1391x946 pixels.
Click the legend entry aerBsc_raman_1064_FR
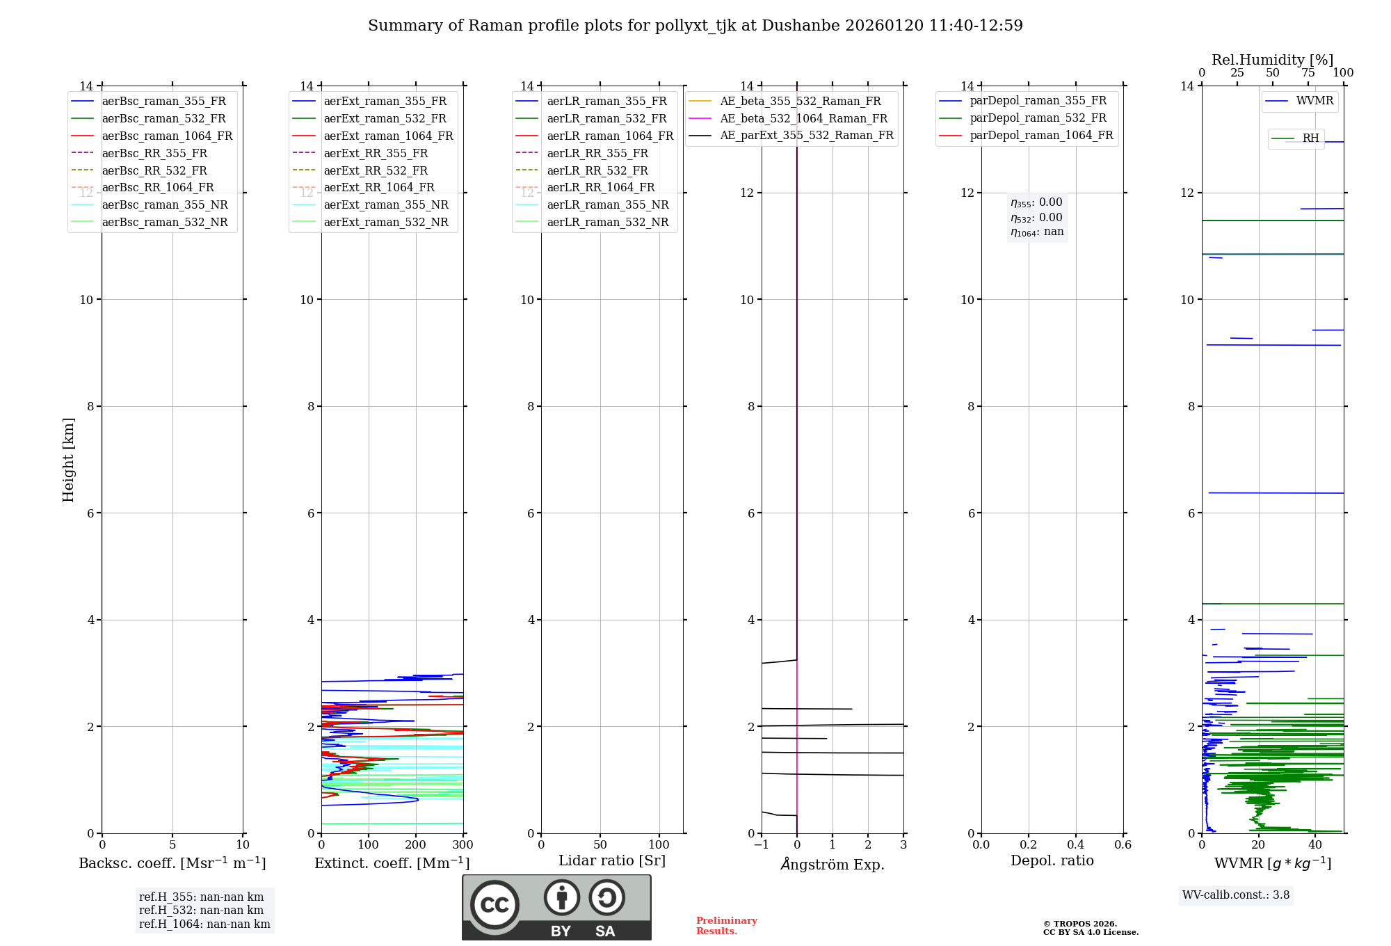tap(167, 136)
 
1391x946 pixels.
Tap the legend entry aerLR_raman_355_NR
tap(607, 205)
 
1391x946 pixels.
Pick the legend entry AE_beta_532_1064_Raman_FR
tap(803, 119)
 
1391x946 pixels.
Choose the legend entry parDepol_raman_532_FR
tap(1038, 118)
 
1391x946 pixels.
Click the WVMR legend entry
tap(1314, 102)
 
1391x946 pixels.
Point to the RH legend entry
tap(1310, 138)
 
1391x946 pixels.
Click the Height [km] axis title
tap(68, 460)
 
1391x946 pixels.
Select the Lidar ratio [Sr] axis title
tap(612, 861)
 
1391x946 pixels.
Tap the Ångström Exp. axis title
tap(833, 865)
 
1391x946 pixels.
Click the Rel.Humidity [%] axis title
tap(1272, 61)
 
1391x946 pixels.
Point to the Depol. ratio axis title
tap(1052, 861)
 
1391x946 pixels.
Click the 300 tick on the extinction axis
tap(463, 845)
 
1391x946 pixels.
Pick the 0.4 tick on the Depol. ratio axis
tap(1075, 845)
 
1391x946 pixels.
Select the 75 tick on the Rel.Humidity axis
tap(1308, 73)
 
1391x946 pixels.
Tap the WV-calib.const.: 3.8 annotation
tap(1236, 895)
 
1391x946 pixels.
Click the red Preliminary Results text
tap(726, 926)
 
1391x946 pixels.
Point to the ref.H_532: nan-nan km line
tap(201, 911)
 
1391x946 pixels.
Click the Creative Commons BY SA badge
tap(556, 908)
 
